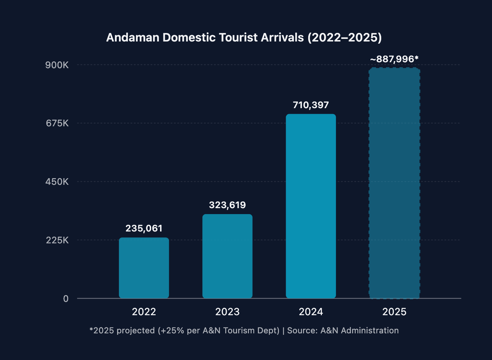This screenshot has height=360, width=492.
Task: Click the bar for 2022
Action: click(144, 268)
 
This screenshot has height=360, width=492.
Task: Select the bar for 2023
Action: click(227, 256)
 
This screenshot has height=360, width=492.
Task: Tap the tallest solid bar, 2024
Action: click(311, 206)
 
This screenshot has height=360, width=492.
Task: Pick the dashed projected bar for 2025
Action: click(394, 183)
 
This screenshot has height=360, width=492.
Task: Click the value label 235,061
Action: click(144, 228)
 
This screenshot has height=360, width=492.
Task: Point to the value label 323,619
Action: click(227, 205)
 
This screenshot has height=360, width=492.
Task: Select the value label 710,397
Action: click(311, 105)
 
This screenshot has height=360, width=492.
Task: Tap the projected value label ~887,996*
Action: click(394, 59)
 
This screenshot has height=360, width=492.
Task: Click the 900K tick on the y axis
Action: click(57, 65)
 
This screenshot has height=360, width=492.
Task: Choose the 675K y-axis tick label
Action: click(57, 123)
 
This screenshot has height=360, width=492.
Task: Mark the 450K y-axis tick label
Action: click(57, 182)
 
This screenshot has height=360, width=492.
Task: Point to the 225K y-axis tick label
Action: click(57, 240)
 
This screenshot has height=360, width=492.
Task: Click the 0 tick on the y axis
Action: click(66, 299)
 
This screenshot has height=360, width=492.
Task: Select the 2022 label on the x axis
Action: click(144, 312)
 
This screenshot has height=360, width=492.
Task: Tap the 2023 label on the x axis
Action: click(227, 312)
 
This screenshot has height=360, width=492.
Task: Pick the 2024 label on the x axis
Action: click(311, 312)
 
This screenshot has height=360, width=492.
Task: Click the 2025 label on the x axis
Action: click(394, 312)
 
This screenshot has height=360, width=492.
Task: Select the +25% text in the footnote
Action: click(172, 330)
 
